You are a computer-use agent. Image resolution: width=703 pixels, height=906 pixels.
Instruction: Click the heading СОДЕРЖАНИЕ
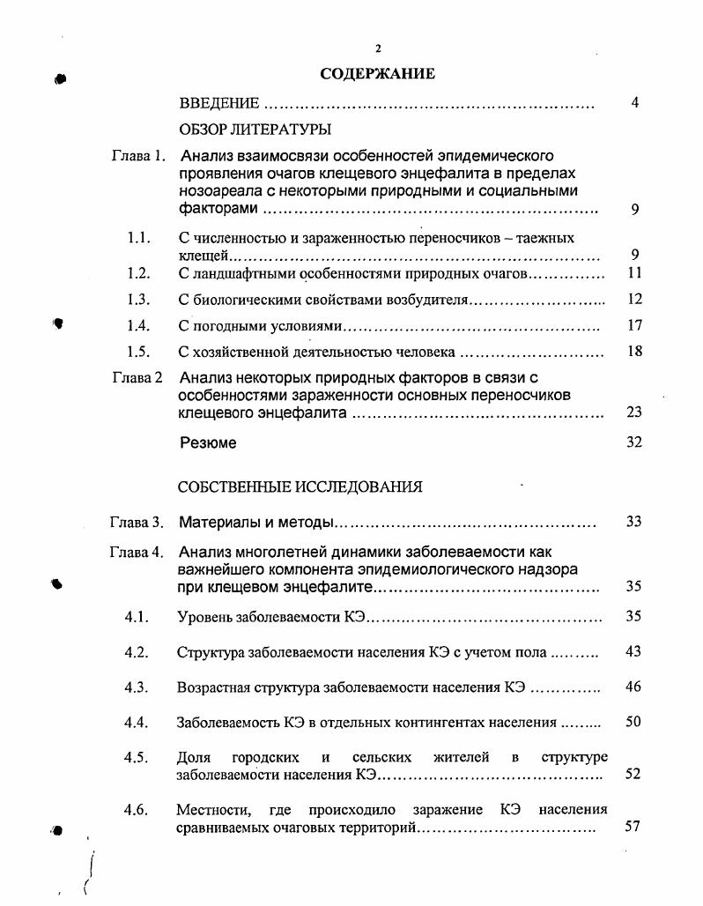pyautogui.click(x=377, y=74)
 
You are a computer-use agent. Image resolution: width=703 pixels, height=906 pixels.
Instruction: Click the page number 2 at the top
pyautogui.click(x=377, y=48)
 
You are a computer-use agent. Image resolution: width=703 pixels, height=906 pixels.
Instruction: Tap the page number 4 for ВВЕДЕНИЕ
pyautogui.click(x=634, y=103)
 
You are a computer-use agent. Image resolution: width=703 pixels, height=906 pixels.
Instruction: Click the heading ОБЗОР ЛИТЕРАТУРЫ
pyautogui.click(x=248, y=130)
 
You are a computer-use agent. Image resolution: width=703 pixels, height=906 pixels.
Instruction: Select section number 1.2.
pyautogui.click(x=137, y=273)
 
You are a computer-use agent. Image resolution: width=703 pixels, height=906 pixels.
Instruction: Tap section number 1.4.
pyautogui.click(x=137, y=326)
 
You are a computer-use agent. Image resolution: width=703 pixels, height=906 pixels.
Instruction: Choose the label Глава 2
pyautogui.click(x=137, y=378)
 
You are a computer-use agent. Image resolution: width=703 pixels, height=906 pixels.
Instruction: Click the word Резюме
pyautogui.click(x=208, y=443)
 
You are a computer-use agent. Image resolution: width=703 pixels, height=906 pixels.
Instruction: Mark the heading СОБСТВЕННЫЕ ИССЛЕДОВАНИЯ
pyautogui.click(x=300, y=486)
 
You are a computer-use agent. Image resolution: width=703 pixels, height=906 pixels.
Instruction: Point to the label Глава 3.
pyautogui.click(x=137, y=523)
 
